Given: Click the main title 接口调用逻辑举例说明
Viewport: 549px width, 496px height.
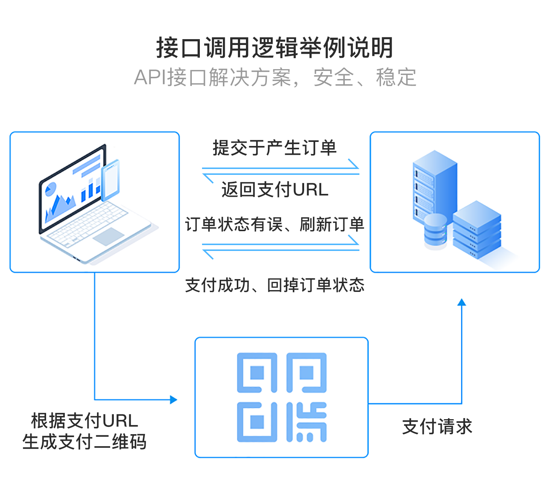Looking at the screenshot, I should (274, 48).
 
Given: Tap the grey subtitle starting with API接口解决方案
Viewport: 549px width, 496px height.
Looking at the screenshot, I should (275, 78).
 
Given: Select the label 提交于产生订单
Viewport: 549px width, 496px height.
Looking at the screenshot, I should (274, 148).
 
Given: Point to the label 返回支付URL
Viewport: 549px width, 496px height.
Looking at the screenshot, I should (274, 189).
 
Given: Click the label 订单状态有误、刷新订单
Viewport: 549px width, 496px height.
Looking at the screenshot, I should (274, 224).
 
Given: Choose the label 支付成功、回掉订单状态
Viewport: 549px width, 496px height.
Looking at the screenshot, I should (274, 285).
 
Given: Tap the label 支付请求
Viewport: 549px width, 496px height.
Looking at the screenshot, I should (437, 427).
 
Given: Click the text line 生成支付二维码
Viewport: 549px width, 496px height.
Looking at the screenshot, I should (85, 442).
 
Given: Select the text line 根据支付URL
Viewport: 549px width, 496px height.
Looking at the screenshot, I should (85, 421).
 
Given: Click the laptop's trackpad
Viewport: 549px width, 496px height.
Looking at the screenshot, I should (108, 236).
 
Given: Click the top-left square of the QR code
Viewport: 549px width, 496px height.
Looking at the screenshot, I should (257, 373).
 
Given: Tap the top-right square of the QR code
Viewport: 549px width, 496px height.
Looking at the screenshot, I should (306, 373).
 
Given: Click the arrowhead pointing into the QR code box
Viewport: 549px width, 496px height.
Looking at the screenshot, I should (174, 399).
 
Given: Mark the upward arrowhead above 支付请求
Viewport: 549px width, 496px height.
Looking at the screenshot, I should (462, 302).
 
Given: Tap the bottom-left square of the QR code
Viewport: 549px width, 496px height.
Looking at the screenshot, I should (257, 422).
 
